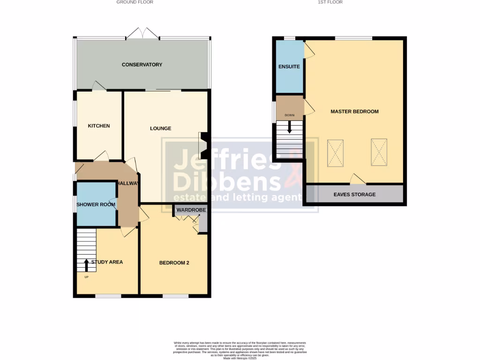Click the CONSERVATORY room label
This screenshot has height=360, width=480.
click(x=142, y=65)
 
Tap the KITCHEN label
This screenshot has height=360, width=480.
click(x=99, y=126)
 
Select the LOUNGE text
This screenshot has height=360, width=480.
click(x=161, y=128)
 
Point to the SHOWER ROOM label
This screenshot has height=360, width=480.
click(x=96, y=204)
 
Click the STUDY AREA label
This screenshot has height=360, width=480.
click(x=107, y=262)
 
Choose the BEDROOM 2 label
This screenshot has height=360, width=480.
click(x=174, y=263)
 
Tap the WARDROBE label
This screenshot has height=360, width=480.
click(x=188, y=210)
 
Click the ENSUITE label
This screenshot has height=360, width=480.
click(x=289, y=67)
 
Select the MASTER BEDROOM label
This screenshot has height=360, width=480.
click(x=354, y=112)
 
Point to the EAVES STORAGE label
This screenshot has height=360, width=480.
click(x=354, y=195)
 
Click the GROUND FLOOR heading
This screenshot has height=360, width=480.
click(x=135, y=2)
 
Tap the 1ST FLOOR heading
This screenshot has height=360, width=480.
click(x=330, y=2)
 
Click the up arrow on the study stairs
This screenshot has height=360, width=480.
click(x=87, y=265)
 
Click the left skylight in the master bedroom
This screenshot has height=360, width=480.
click(x=336, y=152)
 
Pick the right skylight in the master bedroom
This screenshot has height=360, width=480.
click(x=379, y=152)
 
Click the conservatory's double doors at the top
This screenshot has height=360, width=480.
click(x=143, y=33)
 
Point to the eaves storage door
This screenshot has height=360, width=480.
click(x=358, y=179)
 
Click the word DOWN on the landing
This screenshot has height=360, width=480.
click(x=289, y=115)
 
